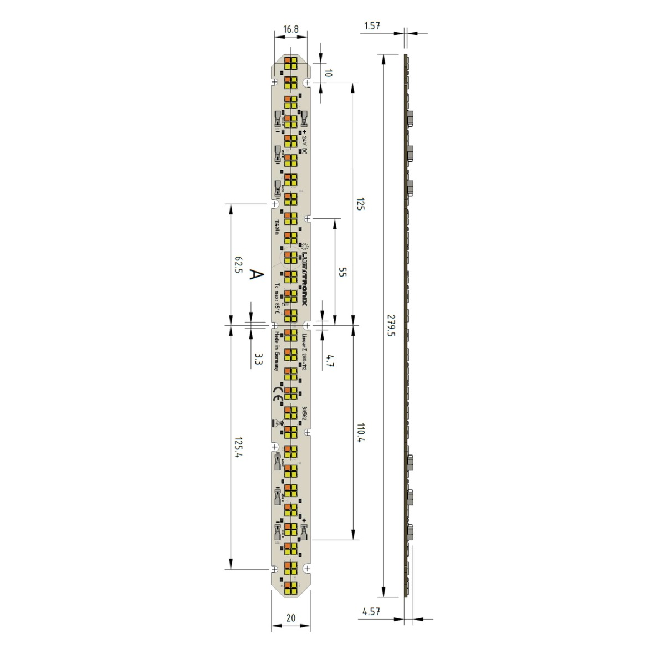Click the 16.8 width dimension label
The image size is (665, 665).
pyautogui.click(x=291, y=29)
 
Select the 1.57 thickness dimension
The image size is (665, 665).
pyautogui.click(x=372, y=25)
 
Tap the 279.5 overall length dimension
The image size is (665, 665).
pyautogui.click(x=391, y=325)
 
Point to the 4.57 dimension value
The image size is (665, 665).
pyautogui.click(x=371, y=611)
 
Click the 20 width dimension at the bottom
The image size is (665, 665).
pyautogui.click(x=291, y=618)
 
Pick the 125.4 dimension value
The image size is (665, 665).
pyautogui.click(x=238, y=448)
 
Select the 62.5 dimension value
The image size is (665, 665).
pyautogui.click(x=238, y=265)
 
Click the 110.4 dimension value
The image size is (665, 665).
pyautogui.click(x=361, y=433)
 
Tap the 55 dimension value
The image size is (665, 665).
pyautogui.click(x=342, y=272)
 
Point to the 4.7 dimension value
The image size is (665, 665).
pyautogui.click(x=330, y=361)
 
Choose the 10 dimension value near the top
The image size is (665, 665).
pyautogui.click(x=328, y=73)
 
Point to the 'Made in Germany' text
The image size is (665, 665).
pyautogui.click(x=276, y=350)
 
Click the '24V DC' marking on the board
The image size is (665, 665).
pyautogui.click(x=304, y=144)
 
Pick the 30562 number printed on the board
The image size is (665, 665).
pyautogui.click(x=304, y=413)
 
